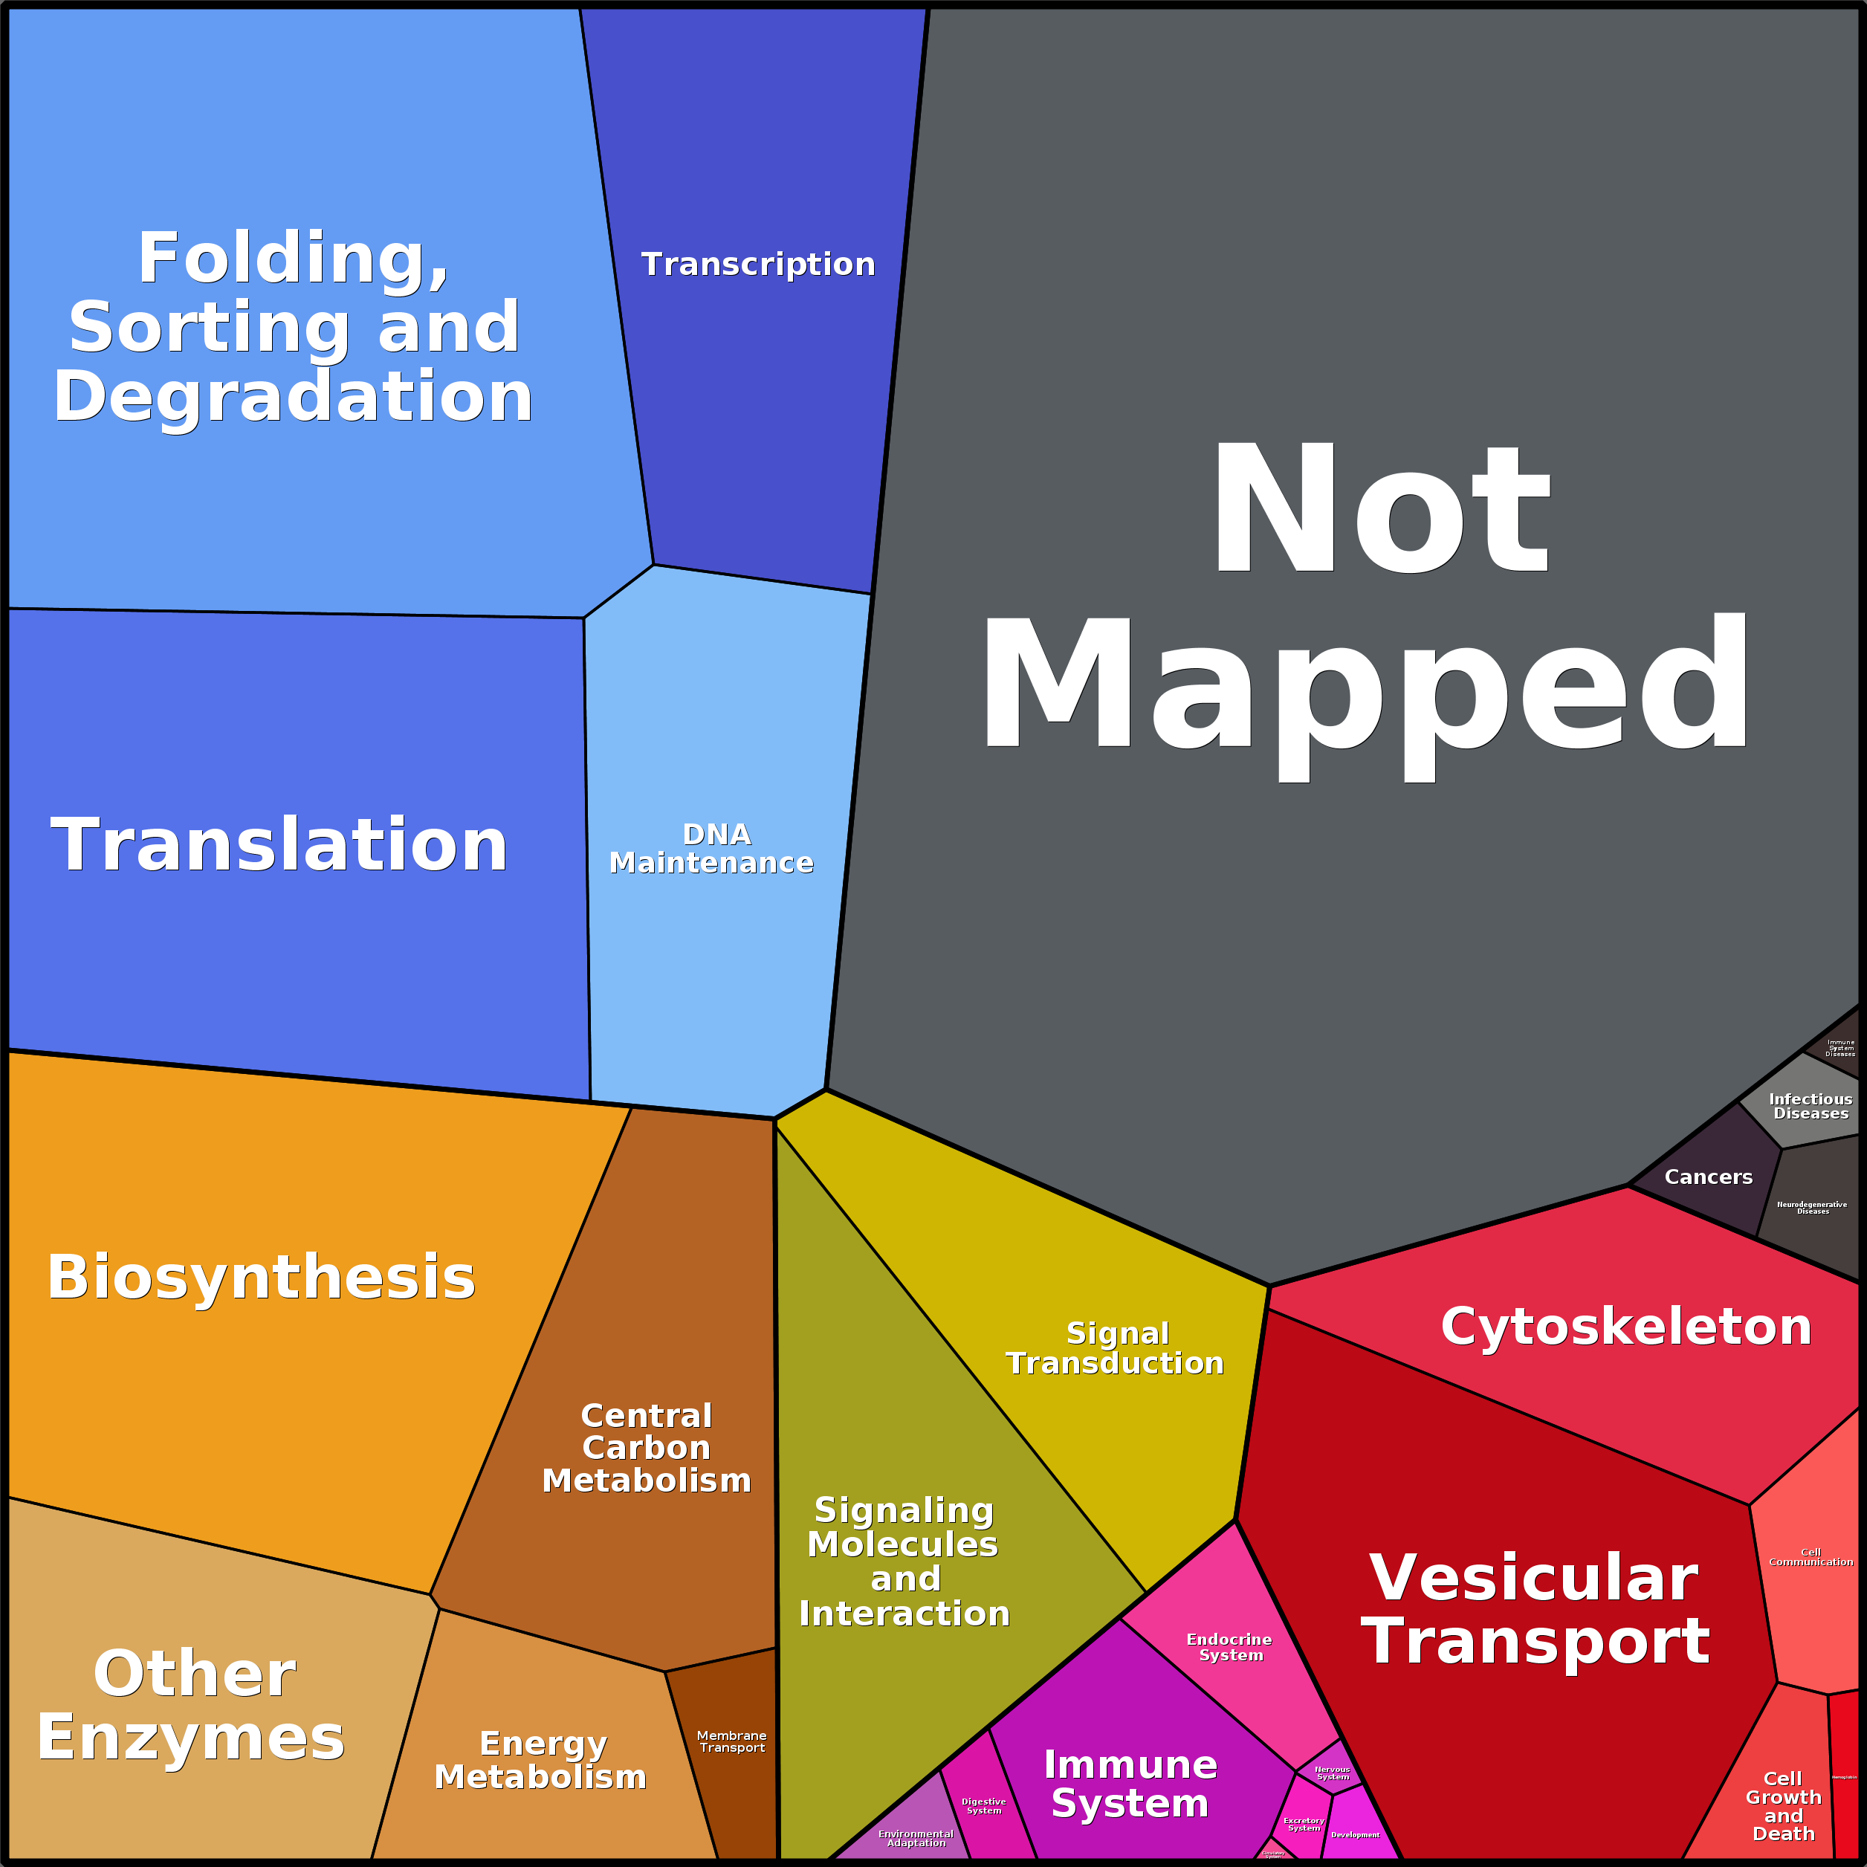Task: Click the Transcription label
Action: pyautogui.click(x=757, y=264)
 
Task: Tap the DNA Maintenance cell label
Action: pyautogui.click(x=711, y=849)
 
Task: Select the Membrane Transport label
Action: pyautogui.click(x=731, y=1741)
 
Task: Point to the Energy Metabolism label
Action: pyautogui.click(x=541, y=1760)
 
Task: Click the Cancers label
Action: pyautogui.click(x=1707, y=1177)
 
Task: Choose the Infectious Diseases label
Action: pyautogui.click(x=1810, y=1105)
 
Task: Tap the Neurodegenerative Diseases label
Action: pyautogui.click(x=1812, y=1207)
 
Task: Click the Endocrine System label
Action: pyautogui.click(x=1229, y=1647)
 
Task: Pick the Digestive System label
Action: pyautogui.click(x=984, y=1805)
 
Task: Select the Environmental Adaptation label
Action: pyautogui.click(x=915, y=1838)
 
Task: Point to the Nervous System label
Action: pyautogui.click(x=1333, y=1773)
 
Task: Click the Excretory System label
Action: pyautogui.click(x=1304, y=1823)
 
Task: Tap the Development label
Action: pyautogui.click(x=1355, y=1834)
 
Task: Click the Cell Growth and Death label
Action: pyautogui.click(x=1783, y=1806)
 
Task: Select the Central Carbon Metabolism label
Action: pyautogui.click(x=647, y=1448)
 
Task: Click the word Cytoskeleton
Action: pyautogui.click(x=1625, y=1326)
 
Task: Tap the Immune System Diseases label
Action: pyautogui.click(x=1840, y=1047)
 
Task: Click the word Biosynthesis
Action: pyautogui.click(x=261, y=1277)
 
